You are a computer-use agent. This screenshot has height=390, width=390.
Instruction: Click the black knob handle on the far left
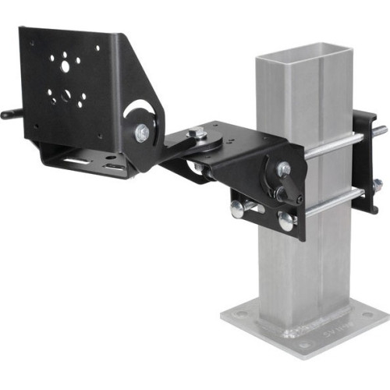point(9,115)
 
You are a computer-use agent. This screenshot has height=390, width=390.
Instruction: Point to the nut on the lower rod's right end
point(378,186)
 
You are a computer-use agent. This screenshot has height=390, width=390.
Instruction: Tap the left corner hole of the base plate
point(238,317)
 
